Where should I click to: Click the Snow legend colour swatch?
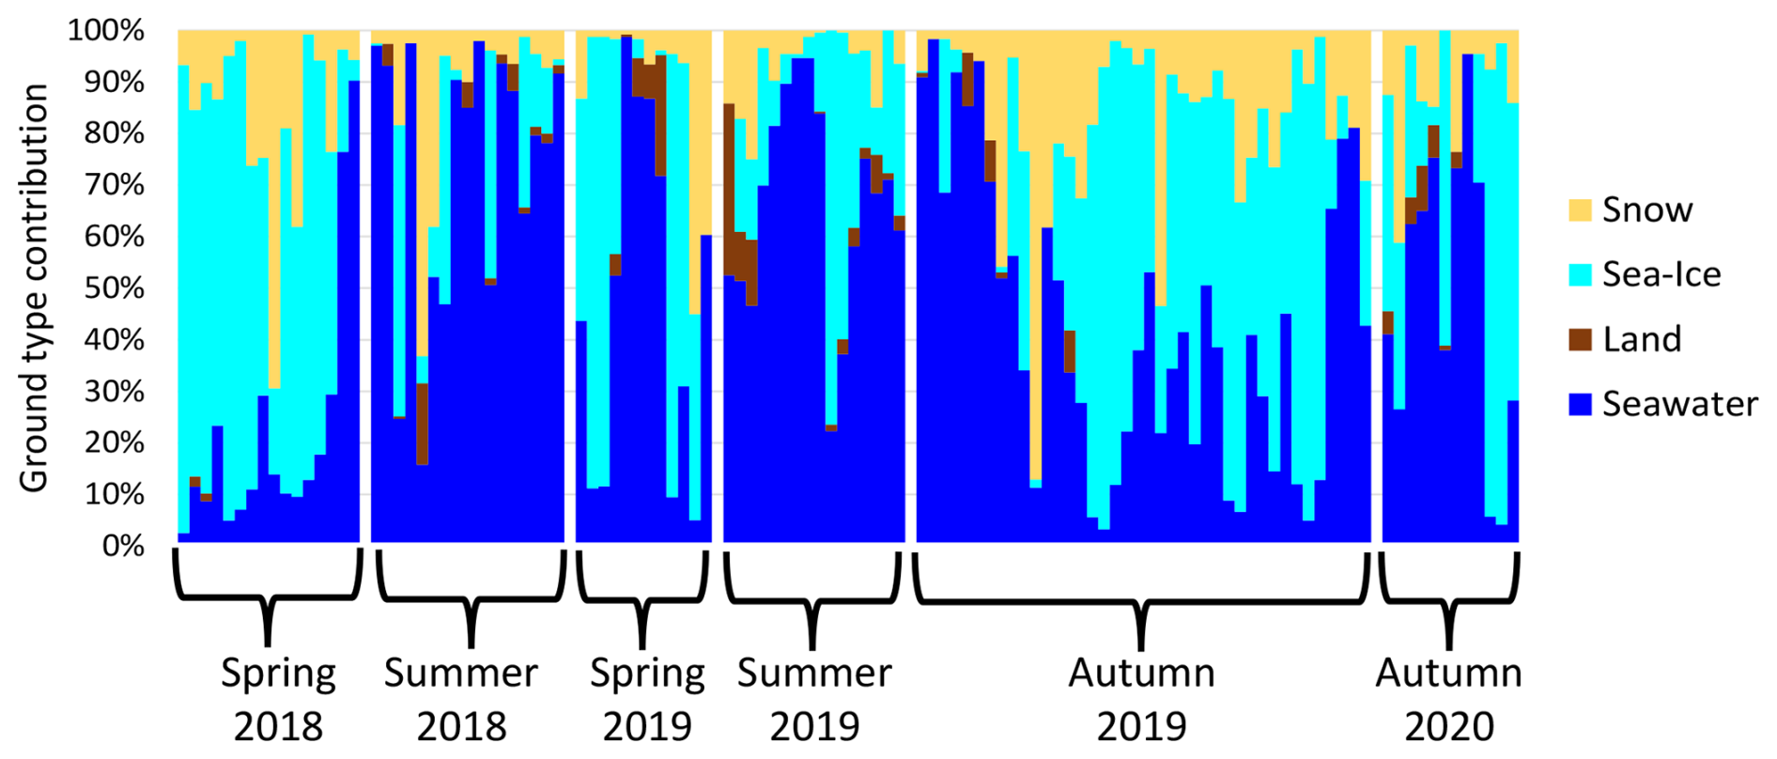pyautogui.click(x=1580, y=209)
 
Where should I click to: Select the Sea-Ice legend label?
pyautogui.click(x=1661, y=274)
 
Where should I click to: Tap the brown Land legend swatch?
pyautogui.click(x=1580, y=339)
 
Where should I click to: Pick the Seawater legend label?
pyautogui.click(x=1679, y=404)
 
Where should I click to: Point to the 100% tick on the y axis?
pyautogui.click(x=106, y=31)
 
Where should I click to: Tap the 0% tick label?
pyautogui.click(x=123, y=546)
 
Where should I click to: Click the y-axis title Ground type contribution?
pyautogui.click(x=35, y=287)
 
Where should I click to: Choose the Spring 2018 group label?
pyautogui.click(x=278, y=700)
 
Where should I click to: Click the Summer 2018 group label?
pyautogui.click(x=461, y=700)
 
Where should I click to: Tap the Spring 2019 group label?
pyautogui.click(x=647, y=700)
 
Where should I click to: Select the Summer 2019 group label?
pyautogui.click(x=814, y=700)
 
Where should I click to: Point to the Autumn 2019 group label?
pyautogui.click(x=1141, y=700)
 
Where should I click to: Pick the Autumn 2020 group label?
pyautogui.click(x=1449, y=700)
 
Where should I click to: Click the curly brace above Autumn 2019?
pyautogui.click(x=1141, y=601)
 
